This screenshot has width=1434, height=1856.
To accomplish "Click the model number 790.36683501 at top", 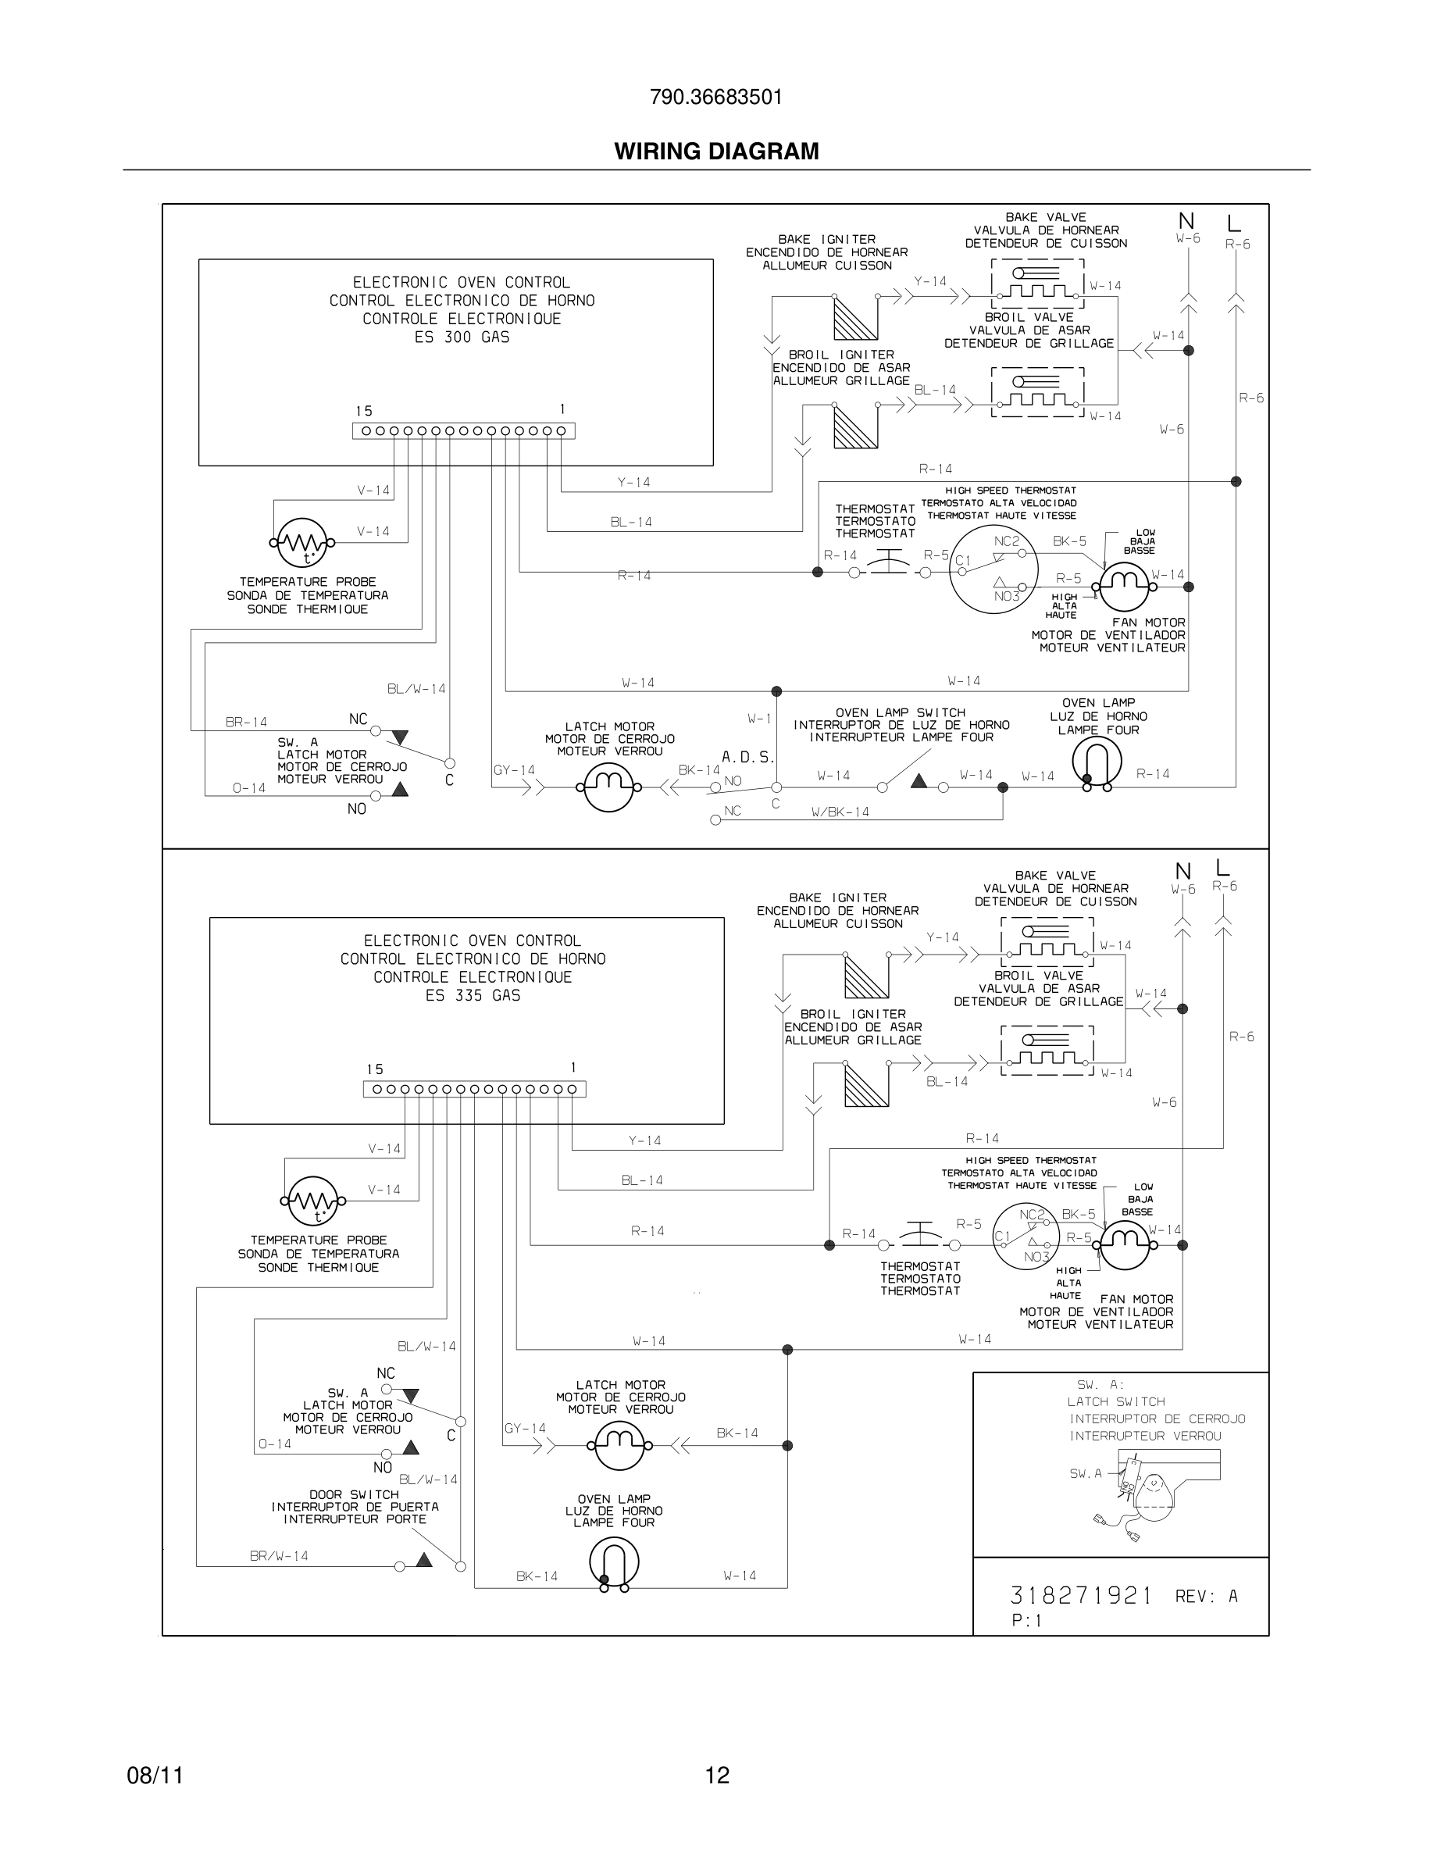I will [x=715, y=98].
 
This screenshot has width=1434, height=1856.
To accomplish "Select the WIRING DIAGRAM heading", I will [x=716, y=152].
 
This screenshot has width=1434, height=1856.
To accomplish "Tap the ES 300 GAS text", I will [x=462, y=337].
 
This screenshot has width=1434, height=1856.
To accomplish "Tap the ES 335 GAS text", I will [x=473, y=995].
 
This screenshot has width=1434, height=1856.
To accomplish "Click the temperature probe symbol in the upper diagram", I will [x=301, y=542].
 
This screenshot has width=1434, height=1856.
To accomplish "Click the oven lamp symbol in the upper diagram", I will [x=1097, y=762].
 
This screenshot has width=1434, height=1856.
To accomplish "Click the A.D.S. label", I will [x=747, y=756].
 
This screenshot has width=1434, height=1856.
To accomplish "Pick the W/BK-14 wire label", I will [x=840, y=812].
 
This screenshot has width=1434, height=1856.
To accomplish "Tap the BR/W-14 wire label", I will [x=279, y=1556].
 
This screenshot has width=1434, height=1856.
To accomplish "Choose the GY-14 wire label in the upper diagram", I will [x=514, y=771].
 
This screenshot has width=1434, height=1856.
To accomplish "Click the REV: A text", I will [x=1207, y=1597].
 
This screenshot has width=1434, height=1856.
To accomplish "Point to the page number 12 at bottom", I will [x=717, y=1776].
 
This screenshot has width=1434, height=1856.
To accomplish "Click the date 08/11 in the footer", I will [x=155, y=1776].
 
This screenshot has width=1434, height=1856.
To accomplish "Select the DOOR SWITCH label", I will [x=355, y=1494].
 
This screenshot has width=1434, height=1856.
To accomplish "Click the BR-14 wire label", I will [x=246, y=723].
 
